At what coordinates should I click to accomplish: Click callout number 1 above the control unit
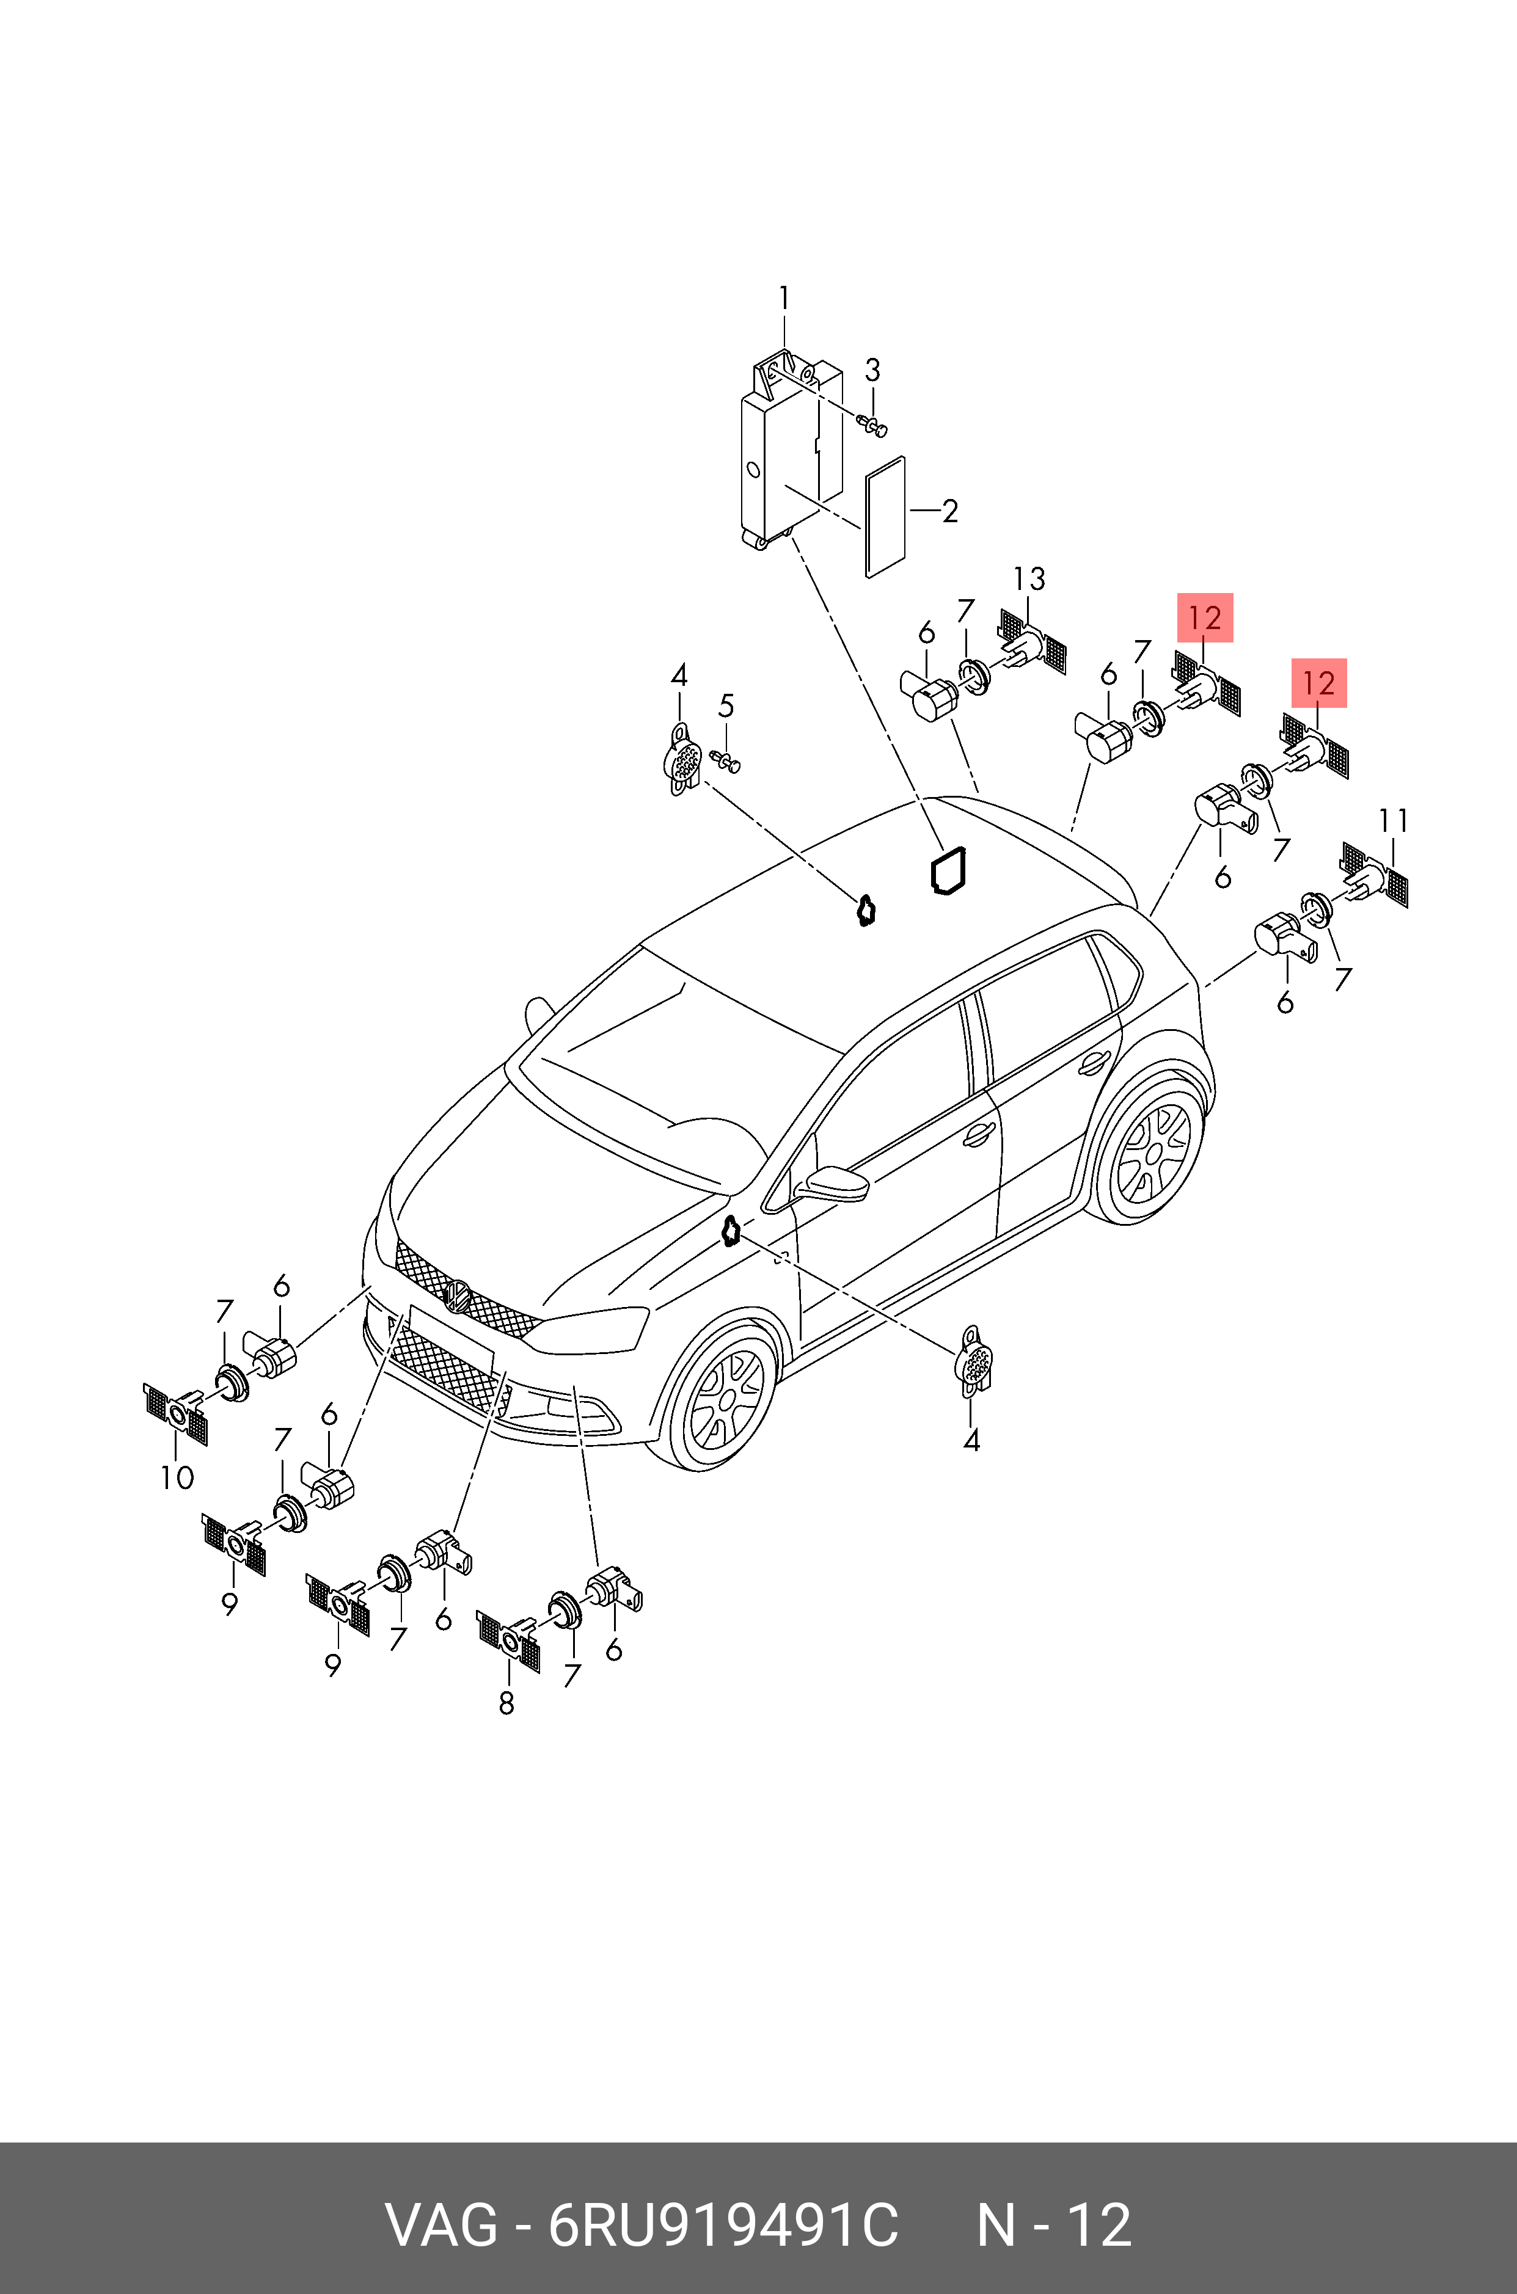click(784, 298)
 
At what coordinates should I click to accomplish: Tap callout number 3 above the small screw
click(872, 370)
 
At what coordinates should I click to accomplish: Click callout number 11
click(1393, 820)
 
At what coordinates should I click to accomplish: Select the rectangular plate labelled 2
click(885, 517)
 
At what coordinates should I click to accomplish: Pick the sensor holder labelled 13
click(1033, 641)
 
